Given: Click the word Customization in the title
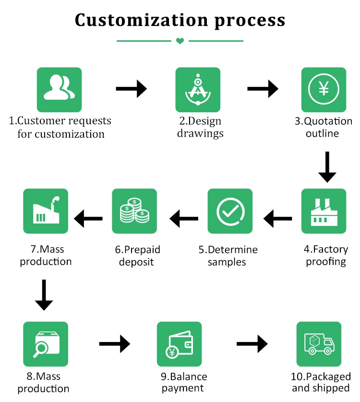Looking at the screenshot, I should (x=141, y=21).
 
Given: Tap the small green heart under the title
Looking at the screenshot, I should (x=180, y=41).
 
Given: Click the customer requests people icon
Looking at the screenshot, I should (x=59, y=90).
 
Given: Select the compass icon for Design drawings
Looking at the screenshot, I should (x=198, y=90).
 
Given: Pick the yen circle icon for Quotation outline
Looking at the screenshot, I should (x=324, y=90).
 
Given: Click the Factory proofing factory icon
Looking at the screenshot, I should (x=324, y=211).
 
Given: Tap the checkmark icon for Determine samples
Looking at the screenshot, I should (x=230, y=211).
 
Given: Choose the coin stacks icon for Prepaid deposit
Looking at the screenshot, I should (x=134, y=211).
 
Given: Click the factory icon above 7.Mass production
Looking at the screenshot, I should (x=46, y=211).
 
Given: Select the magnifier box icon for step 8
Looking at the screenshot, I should (x=46, y=344).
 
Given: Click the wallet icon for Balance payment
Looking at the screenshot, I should (x=179, y=344).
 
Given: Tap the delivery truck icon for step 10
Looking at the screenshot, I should (x=319, y=344).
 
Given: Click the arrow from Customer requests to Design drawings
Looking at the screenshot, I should (x=131, y=88).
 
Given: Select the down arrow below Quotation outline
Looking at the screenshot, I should (x=327, y=167).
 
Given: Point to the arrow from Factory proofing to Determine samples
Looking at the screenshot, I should (x=277, y=219).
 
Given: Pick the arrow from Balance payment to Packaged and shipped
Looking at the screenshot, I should (x=252, y=343).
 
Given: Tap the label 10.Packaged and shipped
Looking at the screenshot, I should (x=321, y=382).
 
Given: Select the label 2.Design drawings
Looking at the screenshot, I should (x=200, y=127).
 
